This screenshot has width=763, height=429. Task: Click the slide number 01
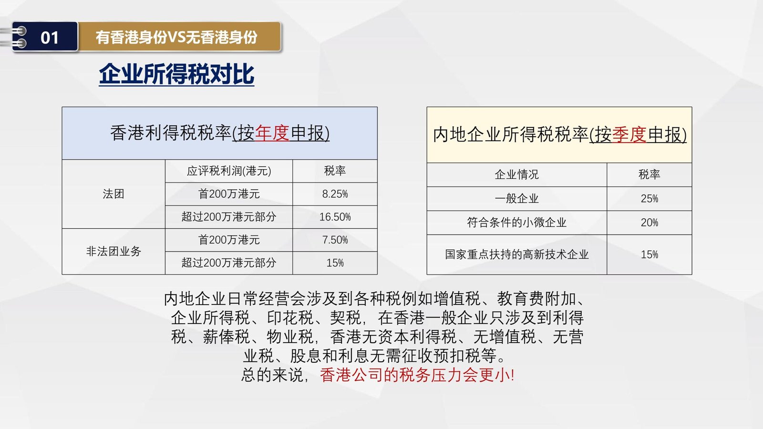[x=50, y=38]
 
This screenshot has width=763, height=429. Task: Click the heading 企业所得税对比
[x=176, y=74]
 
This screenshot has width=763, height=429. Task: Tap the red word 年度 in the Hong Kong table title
[x=272, y=133]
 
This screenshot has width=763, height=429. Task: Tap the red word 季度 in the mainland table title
[x=629, y=134]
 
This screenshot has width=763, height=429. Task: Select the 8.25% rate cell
[x=335, y=194]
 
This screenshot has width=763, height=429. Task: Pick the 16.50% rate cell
[x=335, y=217]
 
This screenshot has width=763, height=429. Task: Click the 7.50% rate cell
[x=335, y=240]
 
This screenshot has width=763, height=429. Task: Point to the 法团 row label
[x=113, y=194]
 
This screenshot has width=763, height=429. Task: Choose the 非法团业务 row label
[x=113, y=251]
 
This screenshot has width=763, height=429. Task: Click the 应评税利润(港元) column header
[x=229, y=171]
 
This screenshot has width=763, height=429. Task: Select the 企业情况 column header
[x=517, y=174]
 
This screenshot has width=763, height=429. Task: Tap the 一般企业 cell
[x=517, y=198]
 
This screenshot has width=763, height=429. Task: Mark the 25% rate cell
[x=649, y=198]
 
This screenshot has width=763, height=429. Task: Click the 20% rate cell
[x=649, y=223]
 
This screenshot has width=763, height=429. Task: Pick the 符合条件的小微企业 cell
[x=517, y=223]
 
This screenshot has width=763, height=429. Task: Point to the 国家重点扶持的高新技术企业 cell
[x=517, y=255]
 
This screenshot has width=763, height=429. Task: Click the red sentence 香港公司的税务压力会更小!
[x=417, y=375]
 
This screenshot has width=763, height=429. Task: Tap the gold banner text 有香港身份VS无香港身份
[x=176, y=37]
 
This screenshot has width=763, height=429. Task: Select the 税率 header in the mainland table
[x=649, y=174]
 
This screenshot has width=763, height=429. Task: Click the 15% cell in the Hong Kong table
[x=335, y=263]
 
